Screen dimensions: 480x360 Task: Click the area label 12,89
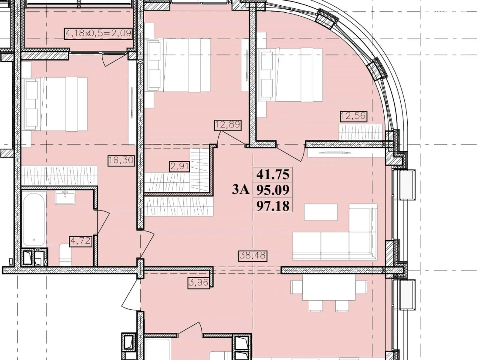coord(228,125)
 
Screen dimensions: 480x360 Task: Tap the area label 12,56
coord(353,116)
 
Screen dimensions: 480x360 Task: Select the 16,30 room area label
coord(121,161)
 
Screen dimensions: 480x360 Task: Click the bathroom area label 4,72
coord(80,241)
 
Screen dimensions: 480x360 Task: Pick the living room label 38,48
coord(253,256)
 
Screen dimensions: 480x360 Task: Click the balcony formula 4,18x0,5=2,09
coord(98,34)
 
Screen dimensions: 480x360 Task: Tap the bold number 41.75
coord(273,175)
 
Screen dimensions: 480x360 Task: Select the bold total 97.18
coord(273,206)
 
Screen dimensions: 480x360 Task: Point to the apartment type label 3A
coord(241,190)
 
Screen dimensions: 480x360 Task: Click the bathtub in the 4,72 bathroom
coord(34,220)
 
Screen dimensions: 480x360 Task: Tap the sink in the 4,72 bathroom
coord(65,197)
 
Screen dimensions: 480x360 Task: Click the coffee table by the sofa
coord(321,212)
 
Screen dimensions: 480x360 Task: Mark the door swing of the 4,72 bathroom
coord(103,222)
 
